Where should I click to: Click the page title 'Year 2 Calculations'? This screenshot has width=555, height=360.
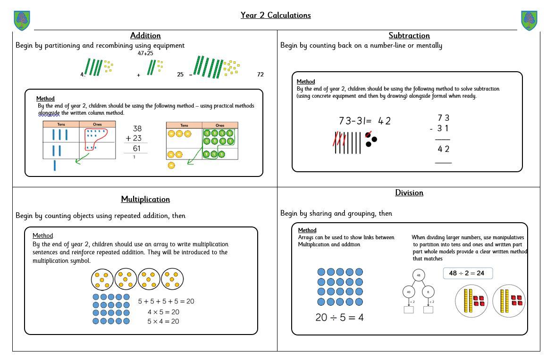click(x=276, y=15)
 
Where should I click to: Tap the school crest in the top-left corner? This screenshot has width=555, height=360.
click(x=22, y=20)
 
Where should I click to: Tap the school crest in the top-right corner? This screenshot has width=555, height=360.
click(x=529, y=20)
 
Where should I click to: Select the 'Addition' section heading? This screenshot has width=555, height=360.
click(x=145, y=35)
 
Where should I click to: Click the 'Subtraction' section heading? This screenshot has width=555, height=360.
click(x=409, y=35)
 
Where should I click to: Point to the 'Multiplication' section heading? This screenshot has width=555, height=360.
click(x=145, y=199)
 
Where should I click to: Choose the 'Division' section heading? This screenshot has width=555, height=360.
click(x=409, y=193)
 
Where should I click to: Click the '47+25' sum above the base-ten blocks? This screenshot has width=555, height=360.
click(x=145, y=53)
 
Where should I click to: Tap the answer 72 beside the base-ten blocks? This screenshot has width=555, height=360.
click(x=261, y=75)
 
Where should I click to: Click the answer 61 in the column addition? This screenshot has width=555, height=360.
click(x=137, y=148)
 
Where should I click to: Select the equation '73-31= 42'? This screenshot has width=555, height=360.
click(x=365, y=121)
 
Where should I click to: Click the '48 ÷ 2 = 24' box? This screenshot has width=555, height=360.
click(x=467, y=273)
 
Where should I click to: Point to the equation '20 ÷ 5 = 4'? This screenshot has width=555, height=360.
click(x=339, y=318)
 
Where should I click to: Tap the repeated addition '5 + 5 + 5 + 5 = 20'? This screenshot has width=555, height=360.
click(x=166, y=301)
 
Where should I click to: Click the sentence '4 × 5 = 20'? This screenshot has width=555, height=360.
click(x=163, y=312)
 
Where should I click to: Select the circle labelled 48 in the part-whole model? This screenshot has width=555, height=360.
click(x=419, y=275)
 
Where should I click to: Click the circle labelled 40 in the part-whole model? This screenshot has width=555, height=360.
click(x=408, y=292)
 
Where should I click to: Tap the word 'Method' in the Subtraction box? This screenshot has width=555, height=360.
click(x=306, y=82)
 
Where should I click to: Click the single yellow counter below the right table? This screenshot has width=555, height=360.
click(x=171, y=166)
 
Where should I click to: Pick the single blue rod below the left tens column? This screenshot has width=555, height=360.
click(x=55, y=166)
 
